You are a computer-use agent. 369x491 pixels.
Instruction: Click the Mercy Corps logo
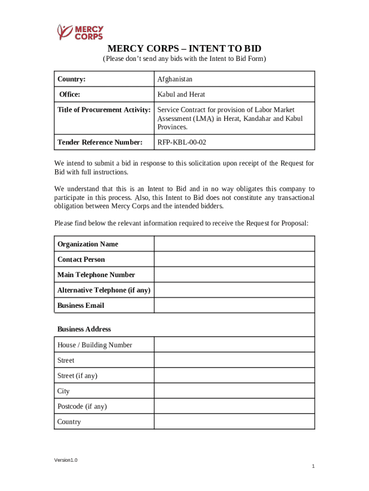(x=80, y=32)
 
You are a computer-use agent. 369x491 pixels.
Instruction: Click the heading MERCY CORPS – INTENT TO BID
(x=184, y=49)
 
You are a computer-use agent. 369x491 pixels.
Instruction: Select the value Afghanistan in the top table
(x=175, y=79)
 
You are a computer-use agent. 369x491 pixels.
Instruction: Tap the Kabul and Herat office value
(x=181, y=94)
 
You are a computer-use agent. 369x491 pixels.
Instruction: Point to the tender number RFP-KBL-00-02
(x=182, y=142)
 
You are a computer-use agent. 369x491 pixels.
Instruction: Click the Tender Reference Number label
(x=100, y=142)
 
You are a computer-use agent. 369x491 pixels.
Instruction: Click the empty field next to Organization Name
(x=234, y=244)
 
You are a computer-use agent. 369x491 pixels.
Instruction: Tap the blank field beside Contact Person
(x=234, y=259)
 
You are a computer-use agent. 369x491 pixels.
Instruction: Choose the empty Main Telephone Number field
(x=234, y=275)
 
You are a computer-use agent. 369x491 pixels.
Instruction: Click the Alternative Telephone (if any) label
(x=104, y=290)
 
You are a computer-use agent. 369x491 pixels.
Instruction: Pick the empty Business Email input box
(x=234, y=305)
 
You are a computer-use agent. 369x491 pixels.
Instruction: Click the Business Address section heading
(x=84, y=329)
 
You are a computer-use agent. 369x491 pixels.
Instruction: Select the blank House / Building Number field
(x=234, y=345)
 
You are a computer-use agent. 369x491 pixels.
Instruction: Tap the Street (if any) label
(x=77, y=375)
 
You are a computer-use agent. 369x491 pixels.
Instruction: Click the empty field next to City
(x=234, y=391)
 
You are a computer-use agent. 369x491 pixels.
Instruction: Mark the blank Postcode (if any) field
(x=234, y=406)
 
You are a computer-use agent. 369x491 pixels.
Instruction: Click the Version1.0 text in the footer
(x=66, y=460)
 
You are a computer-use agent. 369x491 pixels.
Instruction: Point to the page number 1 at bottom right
(x=312, y=467)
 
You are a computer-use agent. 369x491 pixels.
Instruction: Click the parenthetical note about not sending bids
(x=184, y=59)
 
